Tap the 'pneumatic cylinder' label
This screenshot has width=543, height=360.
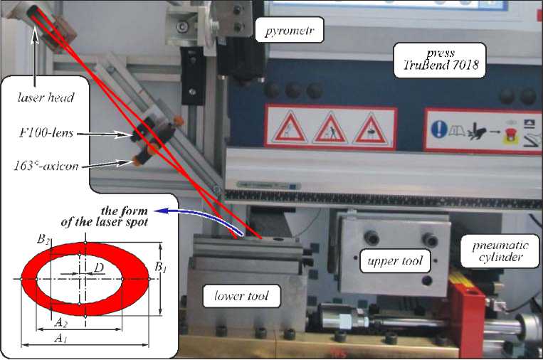496,250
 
